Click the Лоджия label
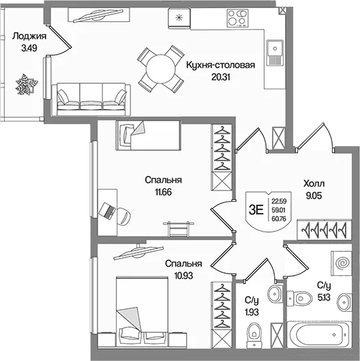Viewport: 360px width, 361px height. point(29,36)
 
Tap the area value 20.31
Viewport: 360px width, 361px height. point(221,77)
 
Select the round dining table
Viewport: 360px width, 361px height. point(161,69)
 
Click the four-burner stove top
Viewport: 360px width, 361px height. point(238,18)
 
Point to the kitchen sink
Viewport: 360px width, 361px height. point(275,53)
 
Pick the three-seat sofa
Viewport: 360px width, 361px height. point(91,100)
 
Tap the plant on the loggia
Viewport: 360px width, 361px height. point(26,84)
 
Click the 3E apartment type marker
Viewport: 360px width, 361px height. point(256,210)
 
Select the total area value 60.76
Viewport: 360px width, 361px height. point(279,218)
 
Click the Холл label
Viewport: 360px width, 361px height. point(314,184)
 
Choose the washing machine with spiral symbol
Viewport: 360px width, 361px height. point(342,263)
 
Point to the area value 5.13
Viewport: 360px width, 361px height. point(324,298)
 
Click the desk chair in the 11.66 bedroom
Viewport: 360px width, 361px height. point(124,216)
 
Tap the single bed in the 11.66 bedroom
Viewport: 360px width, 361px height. point(148,135)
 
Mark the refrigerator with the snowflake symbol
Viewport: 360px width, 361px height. point(179,18)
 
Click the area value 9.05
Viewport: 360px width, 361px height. point(314,196)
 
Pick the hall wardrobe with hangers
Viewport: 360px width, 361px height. point(325,230)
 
